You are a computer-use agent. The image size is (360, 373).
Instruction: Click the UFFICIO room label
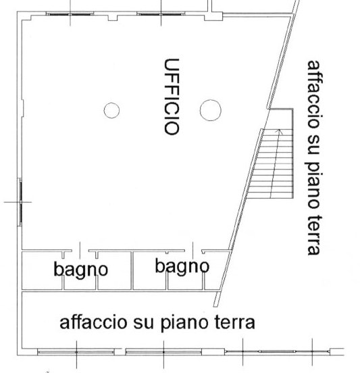tap(172, 97)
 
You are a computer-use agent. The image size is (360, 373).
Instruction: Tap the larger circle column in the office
tap(211, 110)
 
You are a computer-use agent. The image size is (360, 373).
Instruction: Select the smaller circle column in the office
tap(111, 110)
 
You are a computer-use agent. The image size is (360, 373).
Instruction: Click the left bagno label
tap(81, 270)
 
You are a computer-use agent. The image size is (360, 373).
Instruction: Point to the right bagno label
tap(182, 266)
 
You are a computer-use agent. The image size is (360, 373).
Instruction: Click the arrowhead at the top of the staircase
tap(280, 131)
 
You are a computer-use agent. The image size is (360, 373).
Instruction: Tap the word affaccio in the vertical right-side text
tap(315, 94)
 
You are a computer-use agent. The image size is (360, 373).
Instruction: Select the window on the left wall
tap(21, 202)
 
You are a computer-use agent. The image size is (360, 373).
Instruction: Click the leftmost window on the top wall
tap(70, 14)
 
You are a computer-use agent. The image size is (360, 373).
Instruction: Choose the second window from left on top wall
tap(161, 14)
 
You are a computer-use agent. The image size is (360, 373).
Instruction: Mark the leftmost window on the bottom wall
tap(76, 351)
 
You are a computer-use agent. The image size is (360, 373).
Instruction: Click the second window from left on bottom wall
tap(163, 351)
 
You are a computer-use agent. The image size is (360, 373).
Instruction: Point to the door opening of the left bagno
tap(80, 251)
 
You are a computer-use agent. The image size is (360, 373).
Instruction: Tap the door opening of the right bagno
tap(193, 251)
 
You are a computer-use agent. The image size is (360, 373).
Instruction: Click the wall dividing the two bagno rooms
tap(132, 271)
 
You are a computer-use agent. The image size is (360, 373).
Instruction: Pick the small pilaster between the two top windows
tap(113, 18)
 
